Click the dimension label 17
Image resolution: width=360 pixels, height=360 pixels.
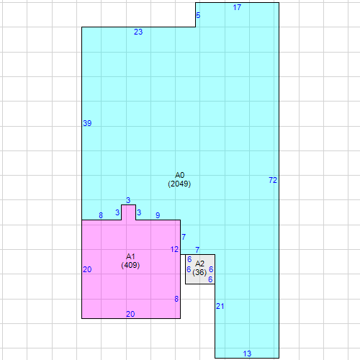(x=238, y=7)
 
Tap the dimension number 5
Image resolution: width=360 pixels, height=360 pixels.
(x=199, y=15)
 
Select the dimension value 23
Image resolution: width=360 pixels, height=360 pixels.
(x=138, y=32)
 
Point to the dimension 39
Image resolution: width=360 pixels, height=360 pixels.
(x=87, y=124)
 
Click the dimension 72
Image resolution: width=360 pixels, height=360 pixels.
(x=272, y=179)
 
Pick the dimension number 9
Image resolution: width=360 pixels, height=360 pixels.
(x=158, y=215)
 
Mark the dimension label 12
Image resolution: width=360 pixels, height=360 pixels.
(x=174, y=249)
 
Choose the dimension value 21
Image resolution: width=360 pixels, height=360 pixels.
(x=220, y=307)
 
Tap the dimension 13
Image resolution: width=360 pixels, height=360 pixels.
(x=247, y=354)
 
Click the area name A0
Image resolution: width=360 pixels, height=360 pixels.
(x=180, y=175)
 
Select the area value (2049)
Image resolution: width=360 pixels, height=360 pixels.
(x=180, y=184)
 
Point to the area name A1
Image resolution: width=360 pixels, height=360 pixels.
(x=130, y=256)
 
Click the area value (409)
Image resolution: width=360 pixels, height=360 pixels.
(x=130, y=265)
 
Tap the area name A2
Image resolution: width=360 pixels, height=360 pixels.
(x=200, y=264)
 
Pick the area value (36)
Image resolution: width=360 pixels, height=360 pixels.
(x=200, y=272)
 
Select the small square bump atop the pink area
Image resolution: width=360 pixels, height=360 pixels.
(x=128, y=212)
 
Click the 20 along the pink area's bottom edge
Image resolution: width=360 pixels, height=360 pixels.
(x=130, y=314)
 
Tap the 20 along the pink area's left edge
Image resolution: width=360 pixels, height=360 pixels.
(x=87, y=269)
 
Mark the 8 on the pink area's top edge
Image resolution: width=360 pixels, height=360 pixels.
(x=101, y=215)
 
